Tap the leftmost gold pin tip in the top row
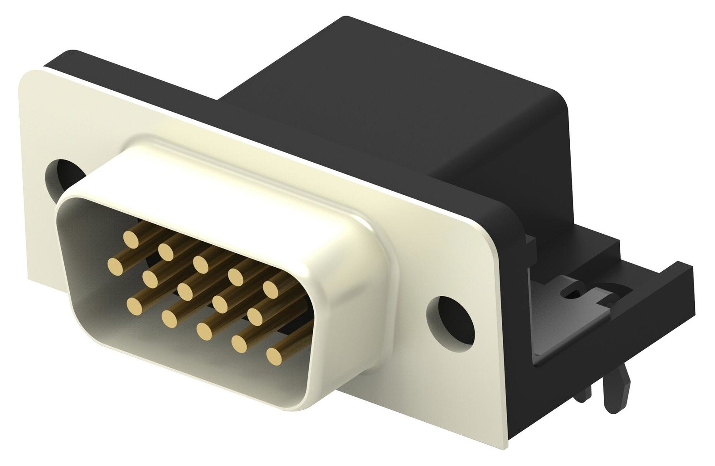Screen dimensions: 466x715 (x=131, y=240)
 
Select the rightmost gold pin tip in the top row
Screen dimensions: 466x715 (x=270, y=289)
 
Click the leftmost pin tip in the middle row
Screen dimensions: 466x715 (x=116, y=266)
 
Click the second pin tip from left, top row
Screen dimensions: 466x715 (x=166, y=253)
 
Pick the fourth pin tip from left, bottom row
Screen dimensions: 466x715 (x=240, y=343)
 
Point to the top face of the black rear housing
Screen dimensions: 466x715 (x=393, y=89)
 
